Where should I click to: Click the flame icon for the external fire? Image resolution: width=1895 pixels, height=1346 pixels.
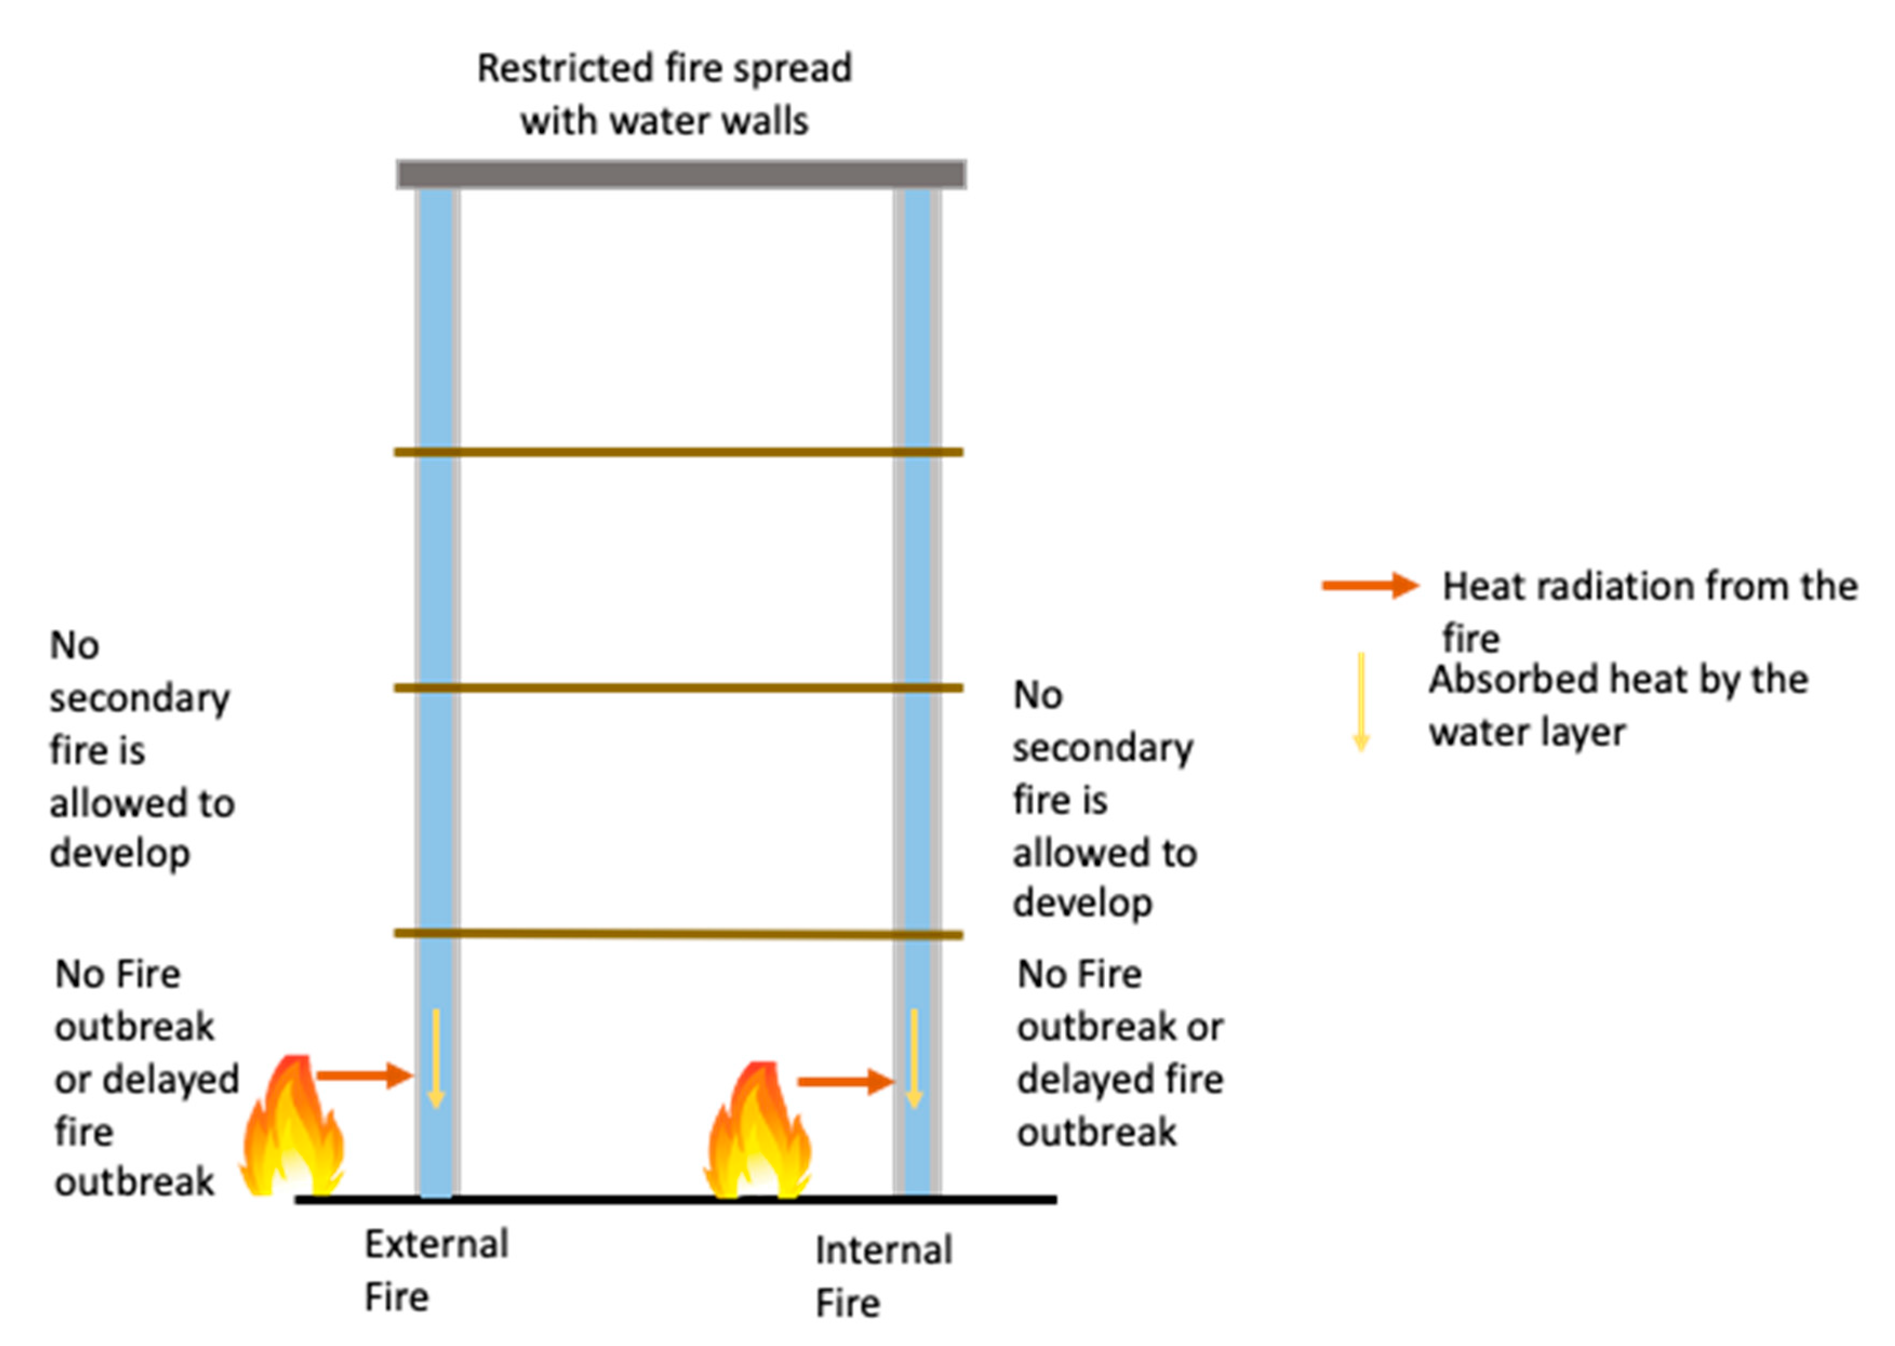pos(292,1131)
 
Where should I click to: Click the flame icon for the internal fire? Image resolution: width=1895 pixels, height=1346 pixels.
pos(758,1135)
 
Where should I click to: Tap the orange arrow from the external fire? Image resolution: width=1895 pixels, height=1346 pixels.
pos(365,1076)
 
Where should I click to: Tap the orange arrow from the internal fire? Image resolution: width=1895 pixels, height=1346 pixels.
pos(845,1082)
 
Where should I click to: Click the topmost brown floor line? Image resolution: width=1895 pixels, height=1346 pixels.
pos(678,452)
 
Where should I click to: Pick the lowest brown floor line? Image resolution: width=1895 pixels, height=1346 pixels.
pos(678,934)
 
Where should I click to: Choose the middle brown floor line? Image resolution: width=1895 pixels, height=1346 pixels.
pos(678,688)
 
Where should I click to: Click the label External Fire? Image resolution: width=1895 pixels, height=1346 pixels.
pos(436,1270)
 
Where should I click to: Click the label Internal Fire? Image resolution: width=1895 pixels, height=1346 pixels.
pos(883,1276)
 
